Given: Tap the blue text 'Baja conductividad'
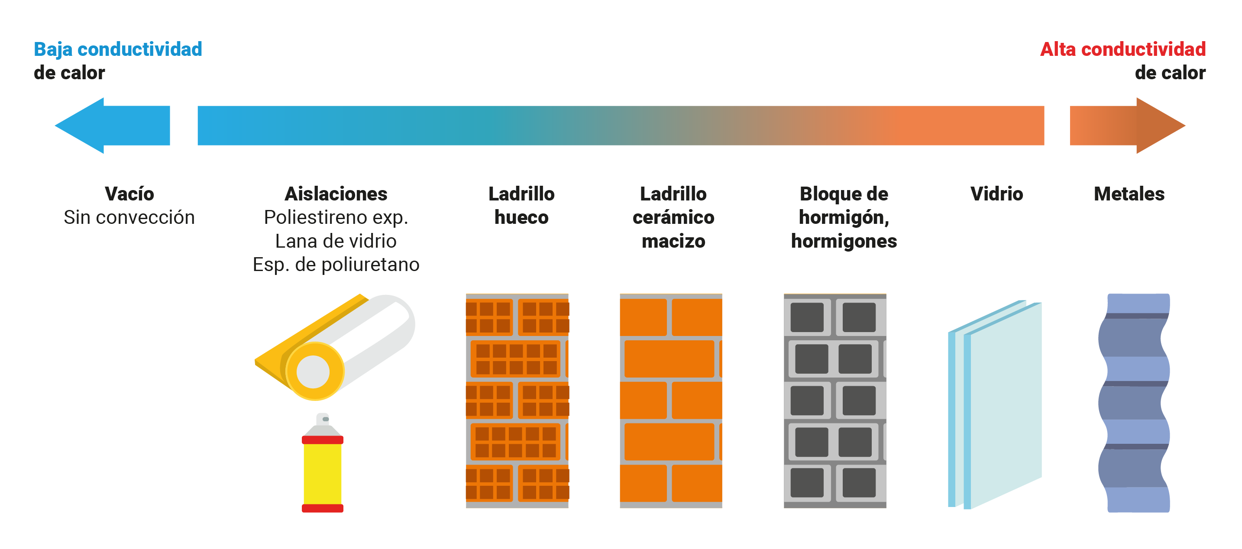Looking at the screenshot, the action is pyautogui.click(x=118, y=49).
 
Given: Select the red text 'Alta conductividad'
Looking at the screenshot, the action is pyautogui.click(x=1123, y=49).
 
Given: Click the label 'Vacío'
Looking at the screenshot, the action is pyautogui.click(x=129, y=194).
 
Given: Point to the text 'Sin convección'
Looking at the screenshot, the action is pyautogui.click(x=129, y=217).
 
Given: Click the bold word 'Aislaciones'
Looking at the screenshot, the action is pyautogui.click(x=336, y=194).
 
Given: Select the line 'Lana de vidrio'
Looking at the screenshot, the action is pyautogui.click(x=336, y=241).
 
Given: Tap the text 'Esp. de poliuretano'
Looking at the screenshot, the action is pyautogui.click(x=336, y=265).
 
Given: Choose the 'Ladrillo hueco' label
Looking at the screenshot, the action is pyautogui.click(x=522, y=205).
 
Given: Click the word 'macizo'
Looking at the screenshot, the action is pyautogui.click(x=673, y=241).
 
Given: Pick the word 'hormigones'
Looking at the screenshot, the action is pyautogui.click(x=844, y=241).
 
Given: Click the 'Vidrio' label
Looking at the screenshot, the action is pyautogui.click(x=996, y=194).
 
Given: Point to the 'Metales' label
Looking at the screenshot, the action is pyautogui.click(x=1129, y=194).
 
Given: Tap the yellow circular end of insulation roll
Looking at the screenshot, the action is pyautogui.click(x=314, y=371).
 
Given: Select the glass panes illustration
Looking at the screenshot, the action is pyautogui.click(x=995, y=405).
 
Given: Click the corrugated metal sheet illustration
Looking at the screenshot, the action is pyautogui.click(x=1134, y=403).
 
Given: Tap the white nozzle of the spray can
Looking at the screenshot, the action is pyautogui.click(x=323, y=418).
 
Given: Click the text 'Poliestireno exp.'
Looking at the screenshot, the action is pyautogui.click(x=336, y=217).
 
